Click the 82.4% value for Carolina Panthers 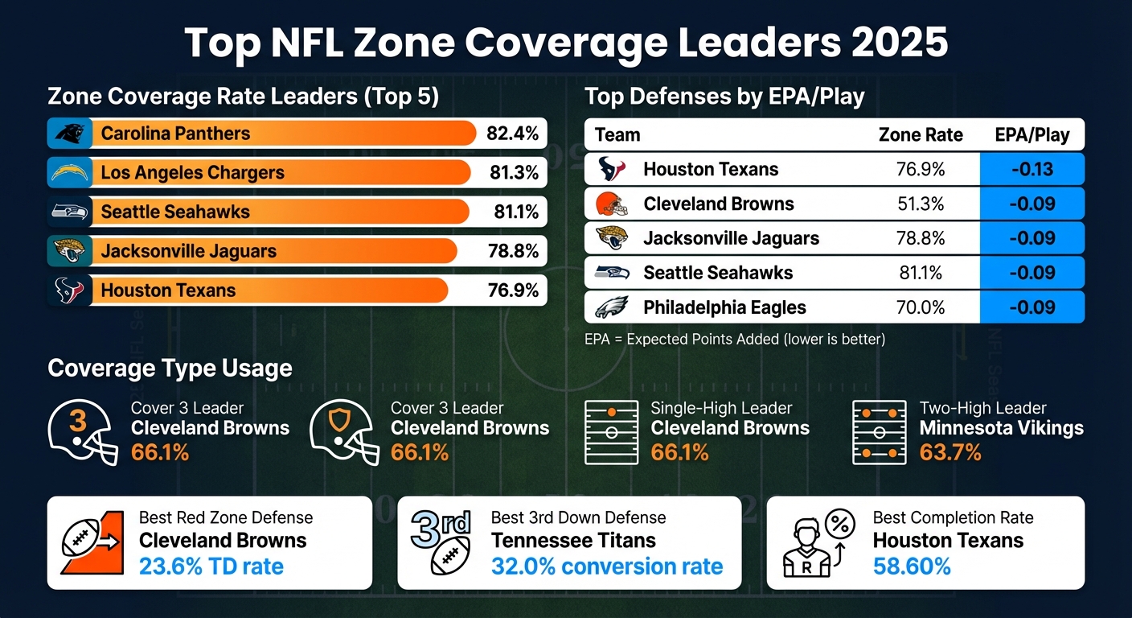point(512,134)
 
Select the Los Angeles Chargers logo point(67,172)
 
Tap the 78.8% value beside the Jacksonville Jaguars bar point(512,251)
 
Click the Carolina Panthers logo point(67,134)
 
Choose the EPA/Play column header point(1032,134)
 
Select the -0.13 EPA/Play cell point(1032,169)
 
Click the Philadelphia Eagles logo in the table point(611,307)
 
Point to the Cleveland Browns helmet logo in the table point(611,204)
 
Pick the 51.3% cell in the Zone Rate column point(921,204)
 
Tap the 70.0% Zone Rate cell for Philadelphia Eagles point(921,307)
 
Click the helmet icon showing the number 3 point(82,431)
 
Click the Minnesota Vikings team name point(1001,428)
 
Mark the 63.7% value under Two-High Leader point(950,453)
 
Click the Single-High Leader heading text point(721,408)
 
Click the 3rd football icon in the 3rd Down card point(441,542)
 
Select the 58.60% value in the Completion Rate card point(912,566)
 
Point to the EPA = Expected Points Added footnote point(734,340)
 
